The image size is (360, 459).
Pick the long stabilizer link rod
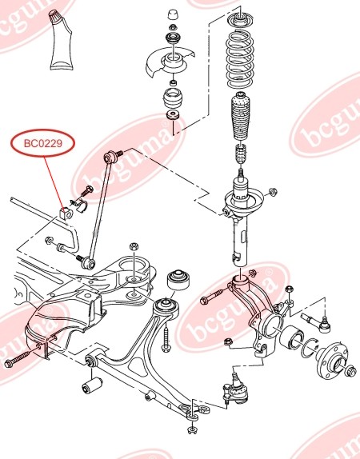(99, 209)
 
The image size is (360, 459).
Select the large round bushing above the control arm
(181, 281)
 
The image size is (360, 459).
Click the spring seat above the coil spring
(238, 19)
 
